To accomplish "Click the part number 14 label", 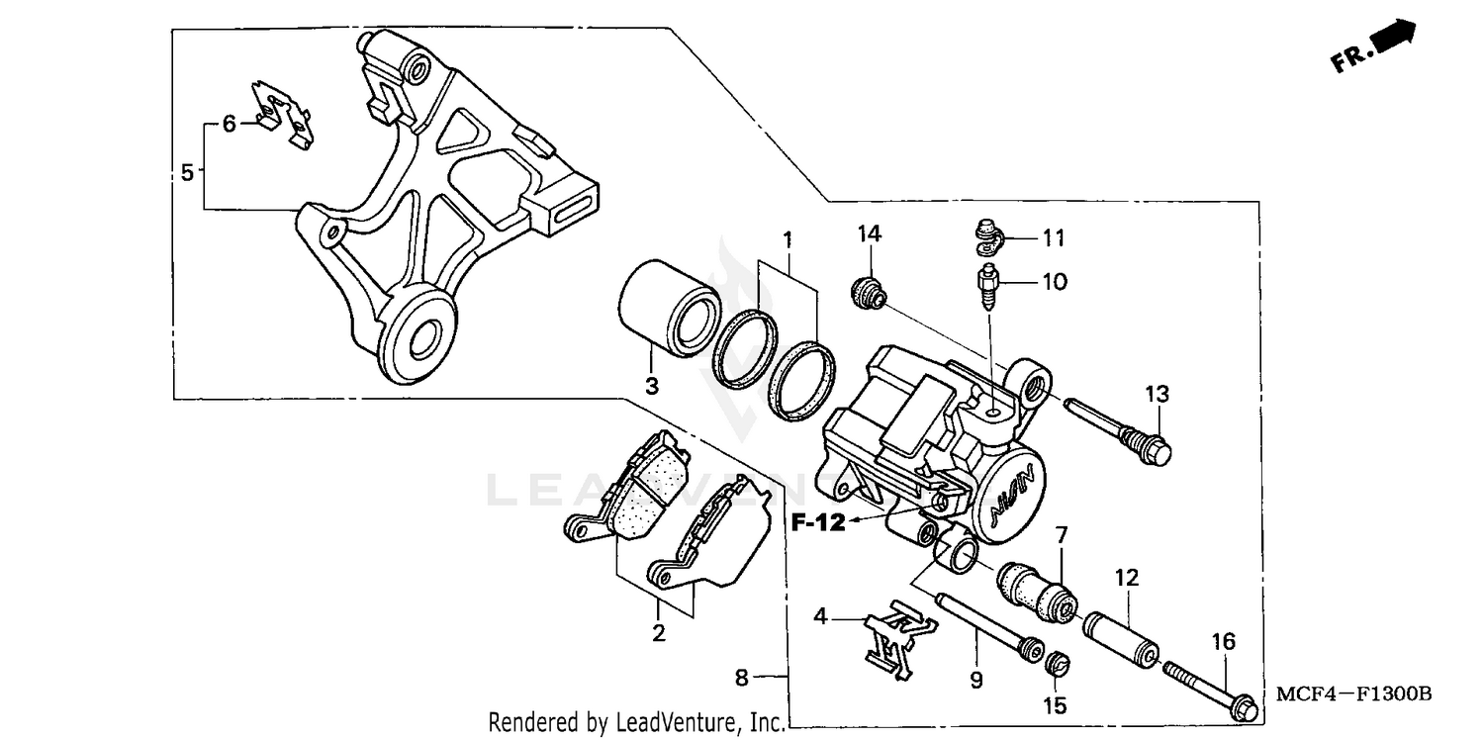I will pyautogui.click(x=869, y=233).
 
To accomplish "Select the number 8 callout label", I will pyautogui.click(x=742, y=678).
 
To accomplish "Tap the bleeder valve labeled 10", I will pyautogui.click(x=989, y=283).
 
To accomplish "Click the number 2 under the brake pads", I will pyautogui.click(x=658, y=632).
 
